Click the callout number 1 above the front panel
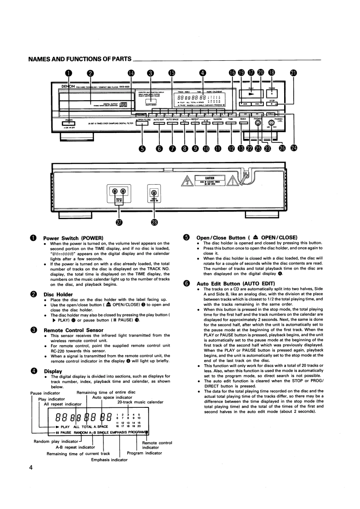(68, 72)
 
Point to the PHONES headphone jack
(258, 123)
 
